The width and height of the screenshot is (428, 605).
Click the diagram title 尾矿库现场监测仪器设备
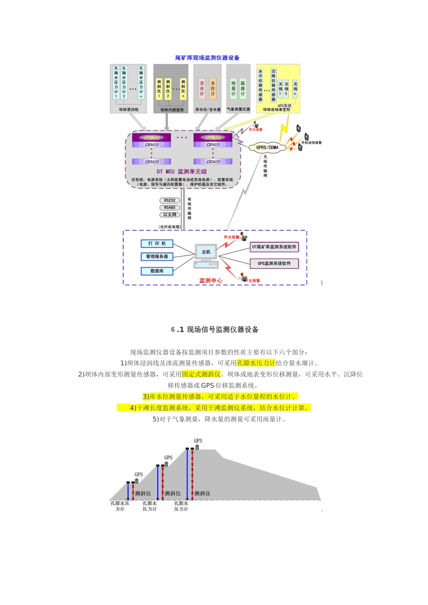pos(207,58)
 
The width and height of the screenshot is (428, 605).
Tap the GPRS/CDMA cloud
pos(267,147)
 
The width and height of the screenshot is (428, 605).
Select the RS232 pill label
pos(169,200)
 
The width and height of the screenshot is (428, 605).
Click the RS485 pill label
pos(169,208)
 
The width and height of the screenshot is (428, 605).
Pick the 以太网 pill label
pos(169,215)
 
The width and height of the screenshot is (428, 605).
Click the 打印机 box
pos(157,244)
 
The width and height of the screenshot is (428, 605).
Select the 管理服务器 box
pos(157,257)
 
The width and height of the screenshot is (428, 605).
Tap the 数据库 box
pos(157,271)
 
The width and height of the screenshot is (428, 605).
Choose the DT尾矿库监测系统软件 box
pos(274,247)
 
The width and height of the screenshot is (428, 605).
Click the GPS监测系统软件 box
pos(274,263)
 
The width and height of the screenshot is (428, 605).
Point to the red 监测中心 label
pos(210,280)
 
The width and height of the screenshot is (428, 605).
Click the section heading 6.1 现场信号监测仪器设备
pos(214,330)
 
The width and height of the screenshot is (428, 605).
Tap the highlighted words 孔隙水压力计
pos(256,363)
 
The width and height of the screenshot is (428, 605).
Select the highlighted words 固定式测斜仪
pos(201,375)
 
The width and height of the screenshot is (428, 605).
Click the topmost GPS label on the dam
pos(198,441)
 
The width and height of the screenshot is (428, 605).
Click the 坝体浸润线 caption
pos(129,110)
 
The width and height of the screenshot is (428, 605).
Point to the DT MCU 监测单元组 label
pos(182,172)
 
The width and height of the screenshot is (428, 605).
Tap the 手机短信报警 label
pos(311,143)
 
